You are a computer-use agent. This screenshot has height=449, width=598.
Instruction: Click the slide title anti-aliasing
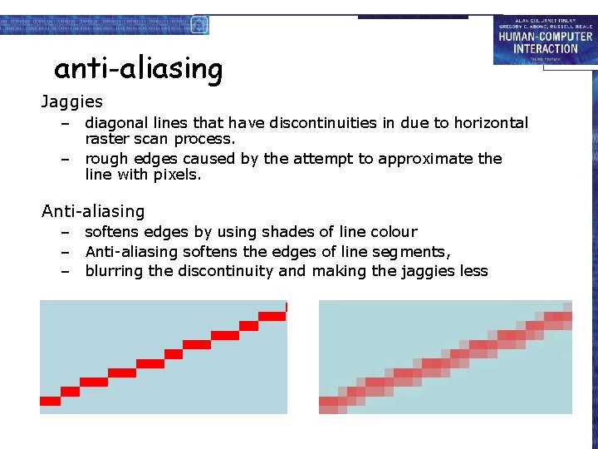(138, 68)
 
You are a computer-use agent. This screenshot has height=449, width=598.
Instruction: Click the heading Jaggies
(72, 102)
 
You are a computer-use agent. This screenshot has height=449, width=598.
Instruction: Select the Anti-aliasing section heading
(93, 212)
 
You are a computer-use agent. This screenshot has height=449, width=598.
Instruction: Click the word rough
(105, 159)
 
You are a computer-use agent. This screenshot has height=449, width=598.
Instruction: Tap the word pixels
(180, 175)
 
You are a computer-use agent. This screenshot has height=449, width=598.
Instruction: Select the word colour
(391, 232)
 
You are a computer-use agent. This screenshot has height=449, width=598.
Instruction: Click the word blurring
(114, 271)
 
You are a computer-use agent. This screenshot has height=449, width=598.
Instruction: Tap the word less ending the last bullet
(473, 271)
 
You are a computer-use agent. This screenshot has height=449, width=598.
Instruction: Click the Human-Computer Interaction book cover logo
(544, 39)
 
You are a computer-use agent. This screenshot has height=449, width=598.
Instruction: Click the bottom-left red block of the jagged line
(51, 401)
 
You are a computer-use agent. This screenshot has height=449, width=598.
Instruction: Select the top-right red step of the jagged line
(272, 316)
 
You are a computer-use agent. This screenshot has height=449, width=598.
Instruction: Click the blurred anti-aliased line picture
(445, 357)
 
